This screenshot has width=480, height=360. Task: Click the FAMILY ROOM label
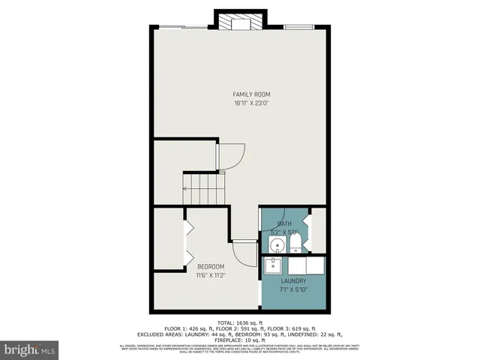250,94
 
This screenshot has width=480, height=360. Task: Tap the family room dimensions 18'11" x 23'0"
250,103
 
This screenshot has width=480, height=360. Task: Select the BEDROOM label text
211,267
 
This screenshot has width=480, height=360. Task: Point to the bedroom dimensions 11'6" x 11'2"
211,275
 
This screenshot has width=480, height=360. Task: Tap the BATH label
284,223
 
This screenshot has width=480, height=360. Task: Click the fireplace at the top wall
240,22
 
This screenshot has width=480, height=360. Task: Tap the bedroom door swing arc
243,251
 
